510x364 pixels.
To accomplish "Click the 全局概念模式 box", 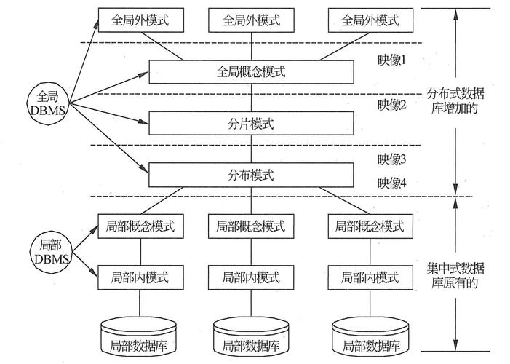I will click(252, 72).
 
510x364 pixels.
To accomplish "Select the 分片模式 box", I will click(252, 124).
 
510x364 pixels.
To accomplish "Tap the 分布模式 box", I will click(252, 175).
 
